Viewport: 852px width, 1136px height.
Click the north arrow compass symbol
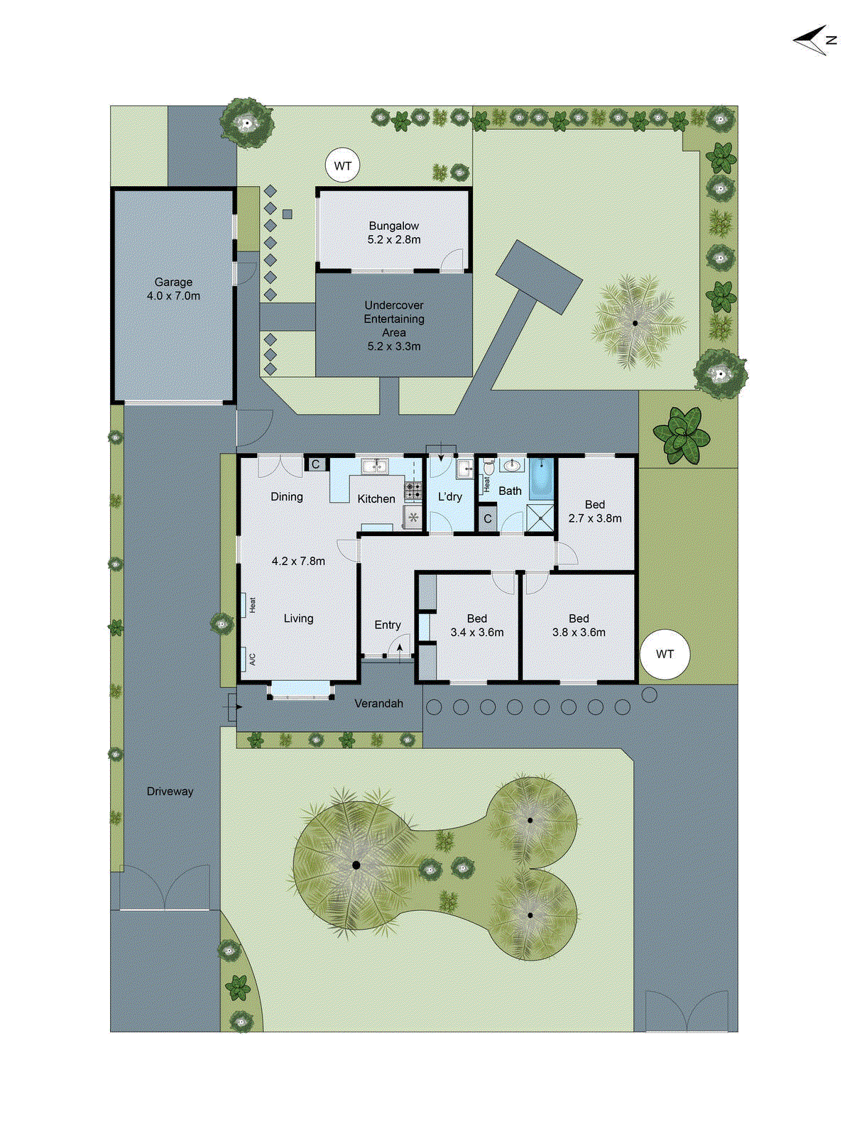pyautogui.click(x=814, y=40)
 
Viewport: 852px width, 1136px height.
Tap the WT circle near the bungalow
pyautogui.click(x=342, y=166)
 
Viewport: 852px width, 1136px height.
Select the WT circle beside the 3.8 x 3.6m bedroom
pyautogui.click(x=665, y=654)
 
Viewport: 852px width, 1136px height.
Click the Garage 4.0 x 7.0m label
pyautogui.click(x=173, y=289)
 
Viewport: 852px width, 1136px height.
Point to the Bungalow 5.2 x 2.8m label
pyautogui.click(x=394, y=232)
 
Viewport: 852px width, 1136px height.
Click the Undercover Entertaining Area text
pyautogui.click(x=394, y=325)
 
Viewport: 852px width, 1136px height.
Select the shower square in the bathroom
pyautogui.click(x=540, y=518)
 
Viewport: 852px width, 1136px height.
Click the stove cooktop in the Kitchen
pyautogui.click(x=413, y=489)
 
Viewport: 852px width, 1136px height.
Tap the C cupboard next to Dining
pyautogui.click(x=316, y=464)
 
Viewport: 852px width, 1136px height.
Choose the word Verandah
pyautogui.click(x=378, y=703)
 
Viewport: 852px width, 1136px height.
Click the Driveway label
pyautogui.click(x=170, y=791)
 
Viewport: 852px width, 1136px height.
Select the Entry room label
pyautogui.click(x=388, y=625)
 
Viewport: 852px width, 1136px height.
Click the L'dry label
pyautogui.click(x=450, y=496)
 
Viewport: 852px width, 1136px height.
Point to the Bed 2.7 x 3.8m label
pyautogui.click(x=595, y=511)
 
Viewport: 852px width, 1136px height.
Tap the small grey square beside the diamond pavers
pyautogui.click(x=288, y=214)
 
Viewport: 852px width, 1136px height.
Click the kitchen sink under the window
pyautogui.click(x=374, y=466)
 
